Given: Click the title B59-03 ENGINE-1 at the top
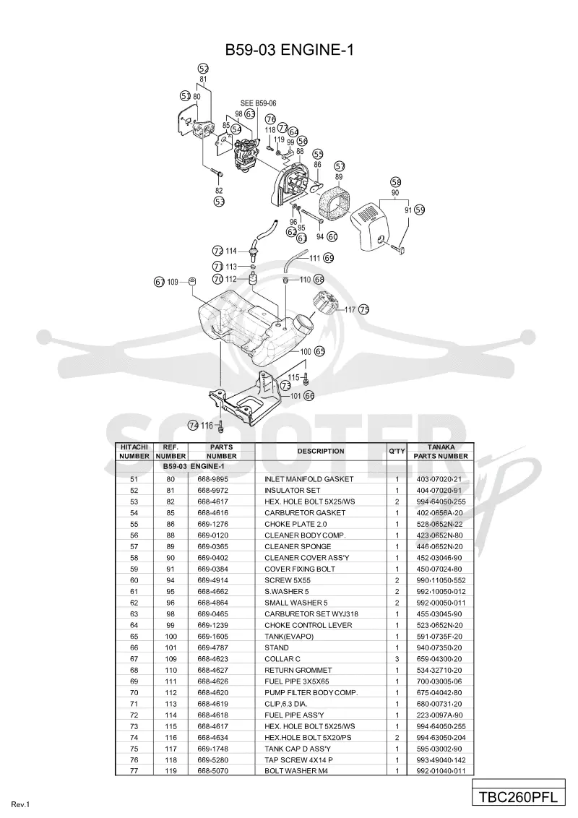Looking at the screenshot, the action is click(x=290, y=50).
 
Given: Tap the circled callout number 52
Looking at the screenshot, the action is click(x=204, y=69).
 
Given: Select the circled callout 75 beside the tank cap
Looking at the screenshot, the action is click(x=364, y=309).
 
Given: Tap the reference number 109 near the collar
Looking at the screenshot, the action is click(x=173, y=283).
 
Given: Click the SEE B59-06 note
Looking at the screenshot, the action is click(x=258, y=103).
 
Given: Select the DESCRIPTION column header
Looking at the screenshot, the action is click(x=321, y=451).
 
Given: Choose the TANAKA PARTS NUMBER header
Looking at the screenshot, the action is click(x=441, y=451).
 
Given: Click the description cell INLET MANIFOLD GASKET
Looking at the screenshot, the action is click(x=309, y=479).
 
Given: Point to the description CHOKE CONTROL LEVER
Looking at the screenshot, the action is click(x=309, y=625).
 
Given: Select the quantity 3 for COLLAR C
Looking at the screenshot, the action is click(x=397, y=659).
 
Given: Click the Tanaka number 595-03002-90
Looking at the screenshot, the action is click(x=439, y=749).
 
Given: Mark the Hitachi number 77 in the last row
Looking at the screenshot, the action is click(x=134, y=771).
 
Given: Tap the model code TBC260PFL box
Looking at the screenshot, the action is click(x=519, y=797).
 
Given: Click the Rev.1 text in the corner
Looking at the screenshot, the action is click(x=21, y=805).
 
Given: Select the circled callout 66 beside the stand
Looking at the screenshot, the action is click(x=309, y=396).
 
